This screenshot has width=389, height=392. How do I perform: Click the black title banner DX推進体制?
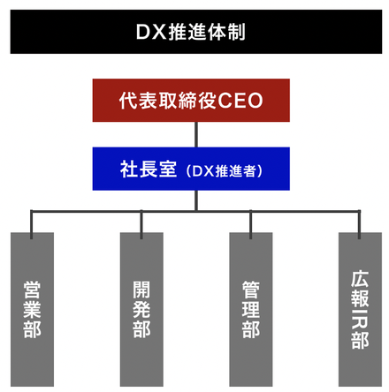click(x=196, y=32)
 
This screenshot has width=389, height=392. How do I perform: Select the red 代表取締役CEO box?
click(x=191, y=101)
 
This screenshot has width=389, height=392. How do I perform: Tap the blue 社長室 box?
click(x=191, y=169)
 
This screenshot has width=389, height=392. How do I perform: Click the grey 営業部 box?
click(x=32, y=309)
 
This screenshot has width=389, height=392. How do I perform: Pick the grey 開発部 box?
click(x=141, y=309)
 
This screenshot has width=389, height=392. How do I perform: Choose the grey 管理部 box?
click(x=251, y=309)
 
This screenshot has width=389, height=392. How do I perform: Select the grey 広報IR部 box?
click(x=360, y=309)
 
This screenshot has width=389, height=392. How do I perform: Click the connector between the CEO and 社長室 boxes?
click(x=196, y=134)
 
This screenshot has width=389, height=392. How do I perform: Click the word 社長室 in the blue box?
click(x=149, y=170)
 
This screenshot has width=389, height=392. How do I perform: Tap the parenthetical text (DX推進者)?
click(x=225, y=171)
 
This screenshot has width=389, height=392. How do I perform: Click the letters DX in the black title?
click(x=151, y=32)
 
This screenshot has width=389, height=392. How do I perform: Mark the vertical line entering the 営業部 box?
click(x=32, y=224)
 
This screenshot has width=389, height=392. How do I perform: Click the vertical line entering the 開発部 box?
click(x=141, y=224)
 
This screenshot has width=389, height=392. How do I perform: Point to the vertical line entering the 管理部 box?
click(x=250, y=224)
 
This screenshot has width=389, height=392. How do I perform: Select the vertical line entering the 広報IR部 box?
click(x=359, y=224)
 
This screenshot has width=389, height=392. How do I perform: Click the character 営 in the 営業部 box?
click(x=32, y=290)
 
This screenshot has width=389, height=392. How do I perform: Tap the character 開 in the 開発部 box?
click(x=141, y=290)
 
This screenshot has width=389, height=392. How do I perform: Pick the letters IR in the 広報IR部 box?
click(x=360, y=319)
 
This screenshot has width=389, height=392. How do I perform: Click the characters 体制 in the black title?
click(x=226, y=32)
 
